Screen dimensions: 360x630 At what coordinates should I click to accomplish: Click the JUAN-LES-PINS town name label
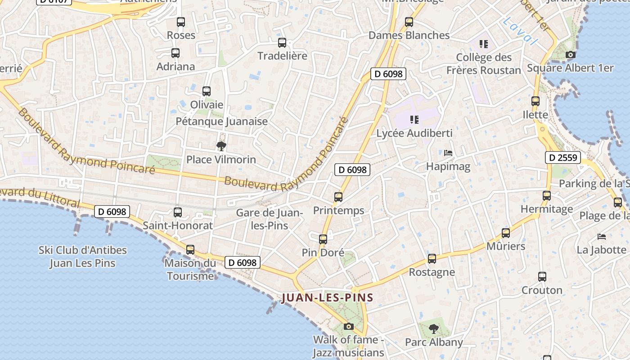[x=327, y=297]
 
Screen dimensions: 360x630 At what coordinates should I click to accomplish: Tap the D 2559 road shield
[x=563, y=157]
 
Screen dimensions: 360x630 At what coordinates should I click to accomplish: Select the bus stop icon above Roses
[x=181, y=22]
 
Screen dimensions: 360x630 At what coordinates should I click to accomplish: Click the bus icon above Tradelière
[x=282, y=43]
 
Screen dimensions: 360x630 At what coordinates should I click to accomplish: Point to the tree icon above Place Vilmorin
[x=221, y=146]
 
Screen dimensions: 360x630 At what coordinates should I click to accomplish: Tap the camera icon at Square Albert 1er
[x=570, y=55]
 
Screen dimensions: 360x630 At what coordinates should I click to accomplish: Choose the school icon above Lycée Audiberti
[x=414, y=120]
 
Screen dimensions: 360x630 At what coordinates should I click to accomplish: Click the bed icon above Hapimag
[x=448, y=153]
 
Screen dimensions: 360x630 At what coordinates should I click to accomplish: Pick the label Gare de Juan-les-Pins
[x=269, y=219]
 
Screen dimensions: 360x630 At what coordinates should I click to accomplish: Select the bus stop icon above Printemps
[x=338, y=197]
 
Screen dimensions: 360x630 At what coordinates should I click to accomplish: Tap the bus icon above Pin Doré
[x=323, y=239]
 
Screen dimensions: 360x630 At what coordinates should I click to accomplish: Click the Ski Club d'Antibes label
[x=83, y=256]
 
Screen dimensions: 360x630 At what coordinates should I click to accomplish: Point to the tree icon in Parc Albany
[x=433, y=328]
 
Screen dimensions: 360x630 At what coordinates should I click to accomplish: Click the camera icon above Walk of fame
[x=348, y=326]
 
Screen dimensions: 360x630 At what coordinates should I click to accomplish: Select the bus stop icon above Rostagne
[x=432, y=259]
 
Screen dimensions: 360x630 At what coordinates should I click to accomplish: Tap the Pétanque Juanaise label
[x=221, y=121]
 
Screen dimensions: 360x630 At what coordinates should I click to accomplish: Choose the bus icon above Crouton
[x=542, y=276]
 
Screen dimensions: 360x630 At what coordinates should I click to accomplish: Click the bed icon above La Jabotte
[x=602, y=236]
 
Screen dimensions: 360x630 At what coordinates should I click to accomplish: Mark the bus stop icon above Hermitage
[x=547, y=195]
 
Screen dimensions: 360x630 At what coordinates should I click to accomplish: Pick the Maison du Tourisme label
[x=190, y=269]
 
